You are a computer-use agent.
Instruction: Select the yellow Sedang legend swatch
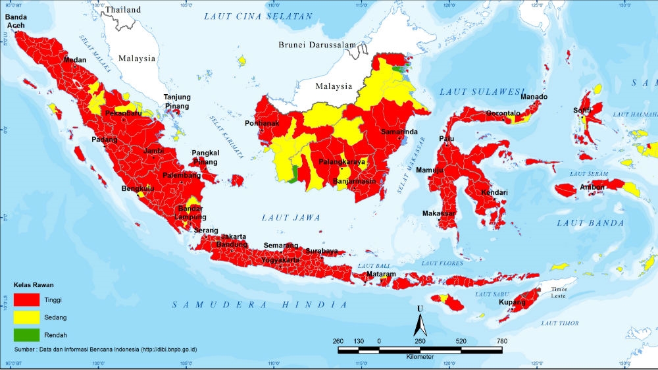(26, 317)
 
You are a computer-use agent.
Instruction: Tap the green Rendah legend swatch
(26, 334)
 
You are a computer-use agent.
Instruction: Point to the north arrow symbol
(418, 323)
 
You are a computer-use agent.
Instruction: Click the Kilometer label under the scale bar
(419, 356)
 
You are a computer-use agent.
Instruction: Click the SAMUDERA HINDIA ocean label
(260, 304)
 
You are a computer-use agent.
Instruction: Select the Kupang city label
(512, 302)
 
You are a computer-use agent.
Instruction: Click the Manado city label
(534, 97)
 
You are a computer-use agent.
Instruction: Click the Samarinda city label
(399, 132)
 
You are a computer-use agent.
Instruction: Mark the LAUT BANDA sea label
(590, 223)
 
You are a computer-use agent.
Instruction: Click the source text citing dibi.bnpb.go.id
(115, 348)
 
